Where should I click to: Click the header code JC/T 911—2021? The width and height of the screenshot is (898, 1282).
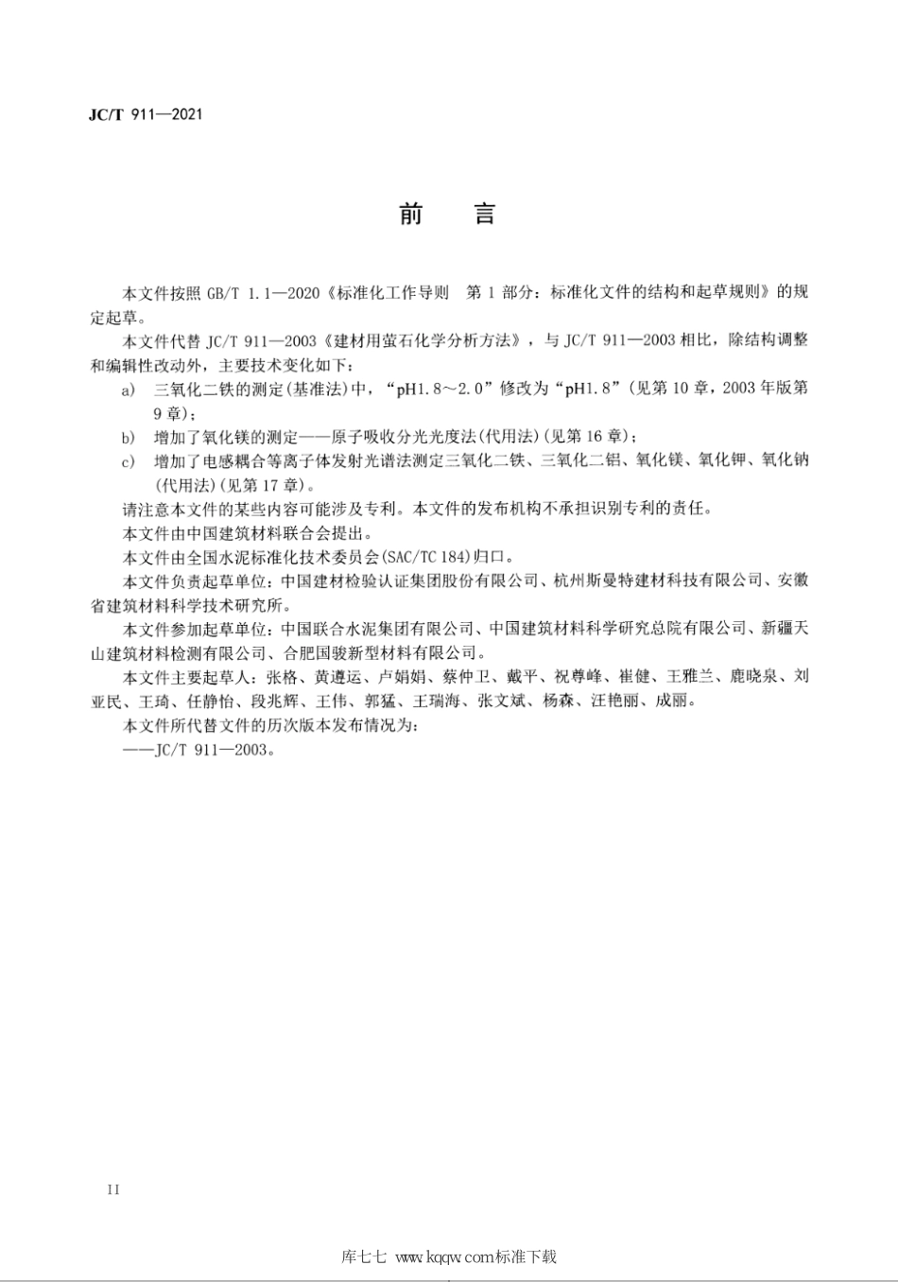(145, 115)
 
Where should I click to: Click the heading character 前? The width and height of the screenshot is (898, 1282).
(410, 214)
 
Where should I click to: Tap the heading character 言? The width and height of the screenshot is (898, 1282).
(485, 214)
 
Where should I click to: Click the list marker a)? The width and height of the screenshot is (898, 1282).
(129, 389)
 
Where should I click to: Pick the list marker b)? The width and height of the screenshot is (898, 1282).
(129, 437)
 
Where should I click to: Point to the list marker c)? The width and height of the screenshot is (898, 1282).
(129, 461)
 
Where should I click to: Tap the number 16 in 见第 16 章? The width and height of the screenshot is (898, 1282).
(592, 437)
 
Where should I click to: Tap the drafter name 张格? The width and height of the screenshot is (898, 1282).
(280, 677)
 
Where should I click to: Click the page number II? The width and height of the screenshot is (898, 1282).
(114, 1189)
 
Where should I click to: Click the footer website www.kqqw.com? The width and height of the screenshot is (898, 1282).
(442, 1256)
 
